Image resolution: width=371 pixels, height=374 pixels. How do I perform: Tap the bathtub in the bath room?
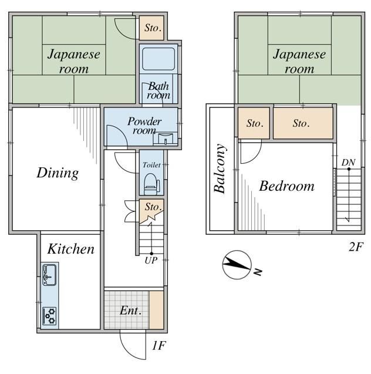(158, 59)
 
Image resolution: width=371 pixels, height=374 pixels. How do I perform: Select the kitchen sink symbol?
(49, 275)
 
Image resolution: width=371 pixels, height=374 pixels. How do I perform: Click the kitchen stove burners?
(49, 316)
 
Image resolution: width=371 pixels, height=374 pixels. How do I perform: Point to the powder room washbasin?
(166, 139)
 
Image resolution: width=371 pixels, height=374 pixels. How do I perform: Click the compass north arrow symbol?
(237, 265)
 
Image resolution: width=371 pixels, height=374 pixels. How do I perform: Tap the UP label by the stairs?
(151, 261)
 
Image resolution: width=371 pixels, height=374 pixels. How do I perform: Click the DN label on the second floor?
(348, 163)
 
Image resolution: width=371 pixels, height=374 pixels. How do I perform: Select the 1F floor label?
(159, 345)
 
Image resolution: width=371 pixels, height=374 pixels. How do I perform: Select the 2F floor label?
(356, 247)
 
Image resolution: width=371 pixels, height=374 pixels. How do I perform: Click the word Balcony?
(220, 169)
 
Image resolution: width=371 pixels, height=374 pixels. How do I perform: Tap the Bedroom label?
(287, 186)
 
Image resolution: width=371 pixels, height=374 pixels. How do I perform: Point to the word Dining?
(58, 173)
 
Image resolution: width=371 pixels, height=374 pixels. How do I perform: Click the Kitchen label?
(71, 249)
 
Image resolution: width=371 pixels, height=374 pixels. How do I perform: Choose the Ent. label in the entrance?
(130, 311)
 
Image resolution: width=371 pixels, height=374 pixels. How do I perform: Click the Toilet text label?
(151, 164)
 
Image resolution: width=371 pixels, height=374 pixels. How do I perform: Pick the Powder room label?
(144, 126)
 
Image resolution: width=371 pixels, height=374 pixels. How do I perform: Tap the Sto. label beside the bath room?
(153, 28)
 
